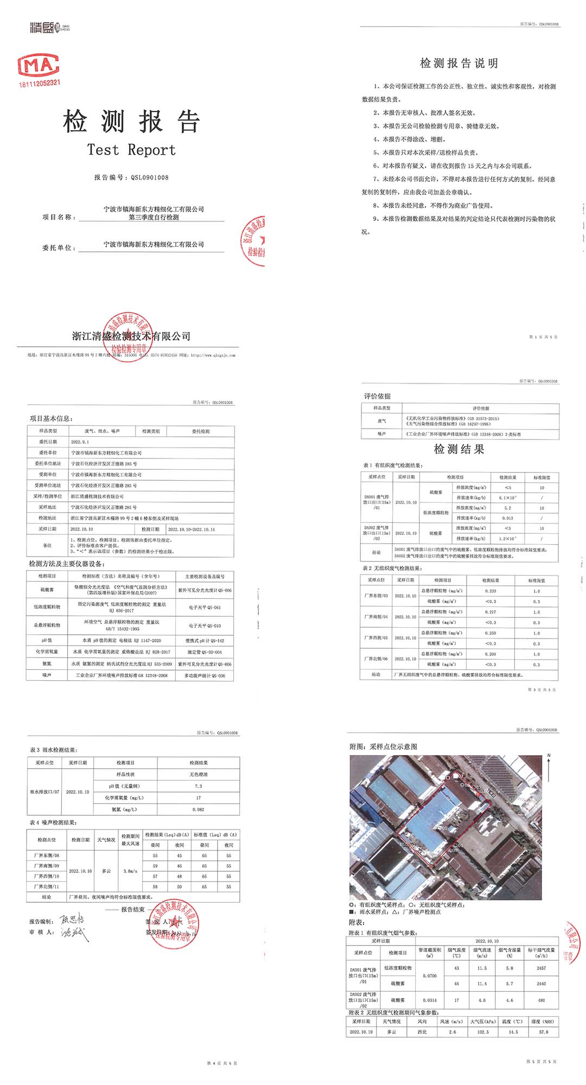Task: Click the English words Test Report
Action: [132, 150]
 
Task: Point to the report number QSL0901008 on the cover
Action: [149, 177]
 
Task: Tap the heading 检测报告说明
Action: [459, 63]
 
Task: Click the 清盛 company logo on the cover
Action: [49, 27]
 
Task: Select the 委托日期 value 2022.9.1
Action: [80, 442]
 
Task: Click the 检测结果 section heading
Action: [459, 449]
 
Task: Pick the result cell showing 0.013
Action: [507, 518]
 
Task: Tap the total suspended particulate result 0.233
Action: [491, 591]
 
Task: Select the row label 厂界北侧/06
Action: [376, 659]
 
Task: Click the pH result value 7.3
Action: [198, 786]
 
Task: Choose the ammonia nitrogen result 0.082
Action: [198, 809]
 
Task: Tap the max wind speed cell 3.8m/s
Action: [130, 871]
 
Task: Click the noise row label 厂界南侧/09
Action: [47, 866]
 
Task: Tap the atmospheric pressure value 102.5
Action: [483, 1032]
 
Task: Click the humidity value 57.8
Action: [544, 1032]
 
